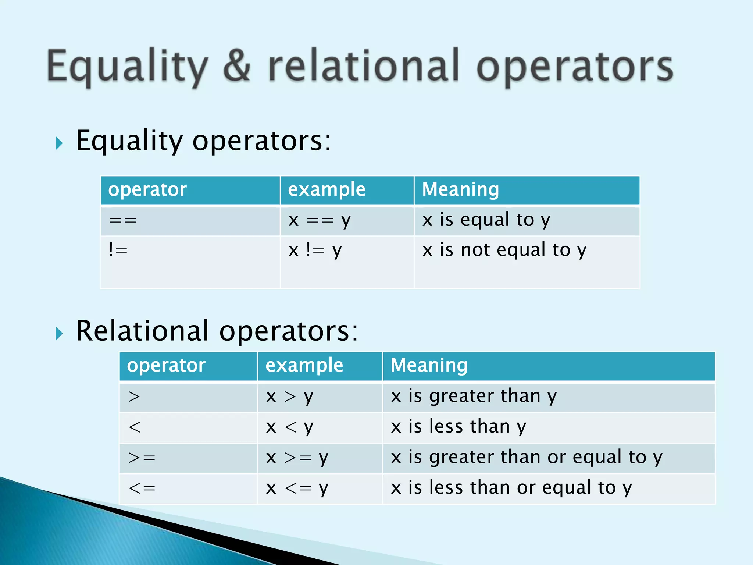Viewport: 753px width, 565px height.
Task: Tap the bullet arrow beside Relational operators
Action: point(59,333)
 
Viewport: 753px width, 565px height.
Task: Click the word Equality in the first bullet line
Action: point(129,141)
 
